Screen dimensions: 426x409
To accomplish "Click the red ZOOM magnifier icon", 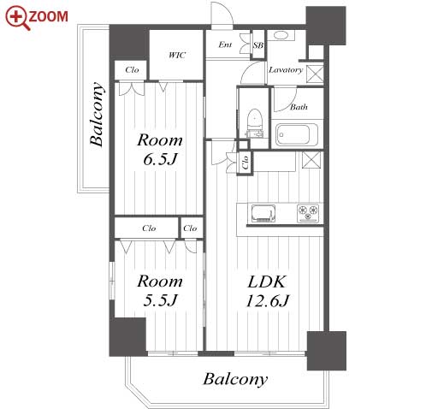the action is (x=17, y=18).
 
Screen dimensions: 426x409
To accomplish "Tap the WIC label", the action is (x=177, y=55).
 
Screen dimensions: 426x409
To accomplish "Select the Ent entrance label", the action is (x=225, y=44).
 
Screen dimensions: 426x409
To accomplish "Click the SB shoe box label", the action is (x=258, y=45).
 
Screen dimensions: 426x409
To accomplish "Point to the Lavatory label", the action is (x=286, y=70).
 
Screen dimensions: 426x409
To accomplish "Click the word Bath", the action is (x=299, y=107).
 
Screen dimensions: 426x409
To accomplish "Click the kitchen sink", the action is (x=263, y=213).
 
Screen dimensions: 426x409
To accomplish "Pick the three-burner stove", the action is (x=308, y=213).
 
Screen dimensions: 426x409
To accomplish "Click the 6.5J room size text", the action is (x=160, y=159).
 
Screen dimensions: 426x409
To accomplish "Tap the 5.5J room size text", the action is (x=160, y=300).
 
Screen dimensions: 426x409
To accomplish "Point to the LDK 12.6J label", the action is (x=267, y=291).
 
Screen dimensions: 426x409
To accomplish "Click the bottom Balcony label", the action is (x=235, y=379).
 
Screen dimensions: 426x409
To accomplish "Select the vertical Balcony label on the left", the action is (x=97, y=115).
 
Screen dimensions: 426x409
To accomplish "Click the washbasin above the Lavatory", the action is (x=281, y=35).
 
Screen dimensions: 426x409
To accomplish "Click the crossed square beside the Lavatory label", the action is (x=316, y=74).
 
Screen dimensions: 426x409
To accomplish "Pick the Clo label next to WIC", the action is (x=132, y=70).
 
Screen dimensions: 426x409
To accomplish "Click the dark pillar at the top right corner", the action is (x=326, y=26).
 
